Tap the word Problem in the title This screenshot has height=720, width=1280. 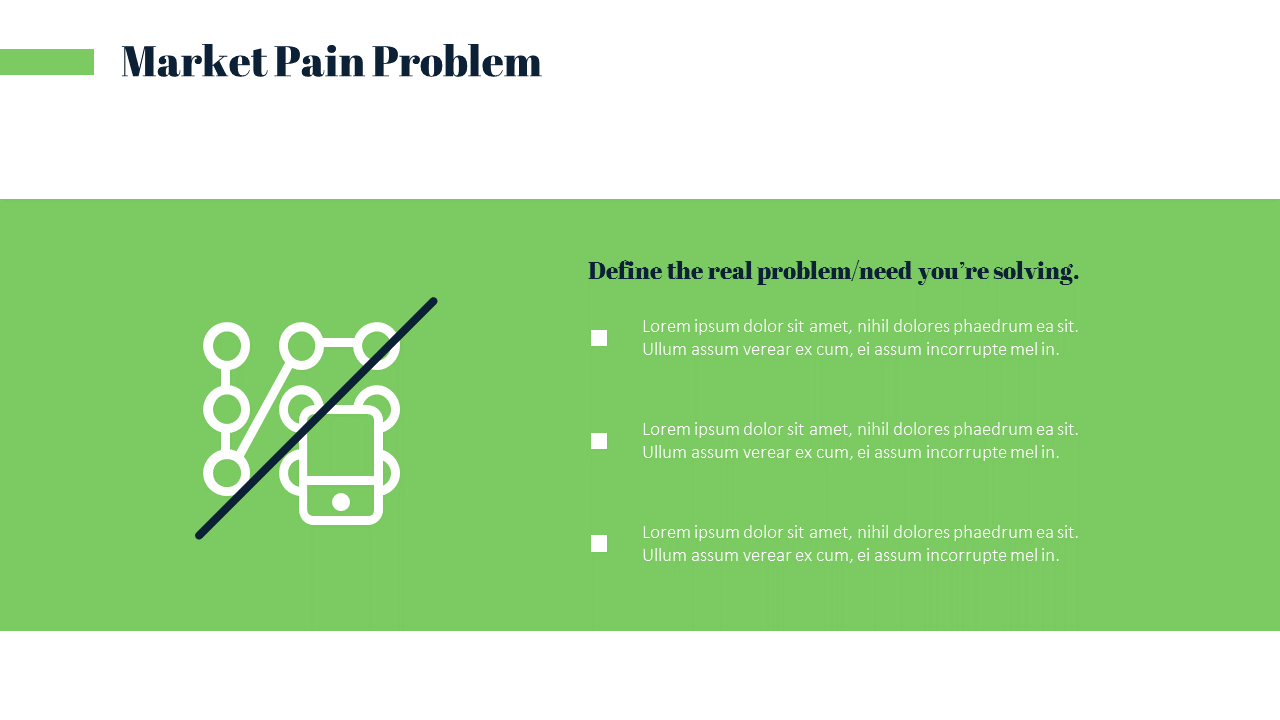(456, 62)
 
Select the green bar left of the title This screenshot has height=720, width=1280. (46, 62)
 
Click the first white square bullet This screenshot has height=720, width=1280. (599, 338)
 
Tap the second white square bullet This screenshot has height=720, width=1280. (599, 441)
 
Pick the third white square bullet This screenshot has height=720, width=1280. (599, 544)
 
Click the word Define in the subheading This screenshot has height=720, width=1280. (624, 271)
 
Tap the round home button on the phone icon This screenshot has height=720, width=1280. (341, 501)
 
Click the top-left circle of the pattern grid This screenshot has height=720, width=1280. (227, 346)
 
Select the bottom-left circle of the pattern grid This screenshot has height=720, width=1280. (227, 473)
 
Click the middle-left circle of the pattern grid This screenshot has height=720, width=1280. (227, 409)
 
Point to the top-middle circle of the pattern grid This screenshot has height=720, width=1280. (301, 346)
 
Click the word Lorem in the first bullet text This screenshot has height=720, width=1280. (665, 326)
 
